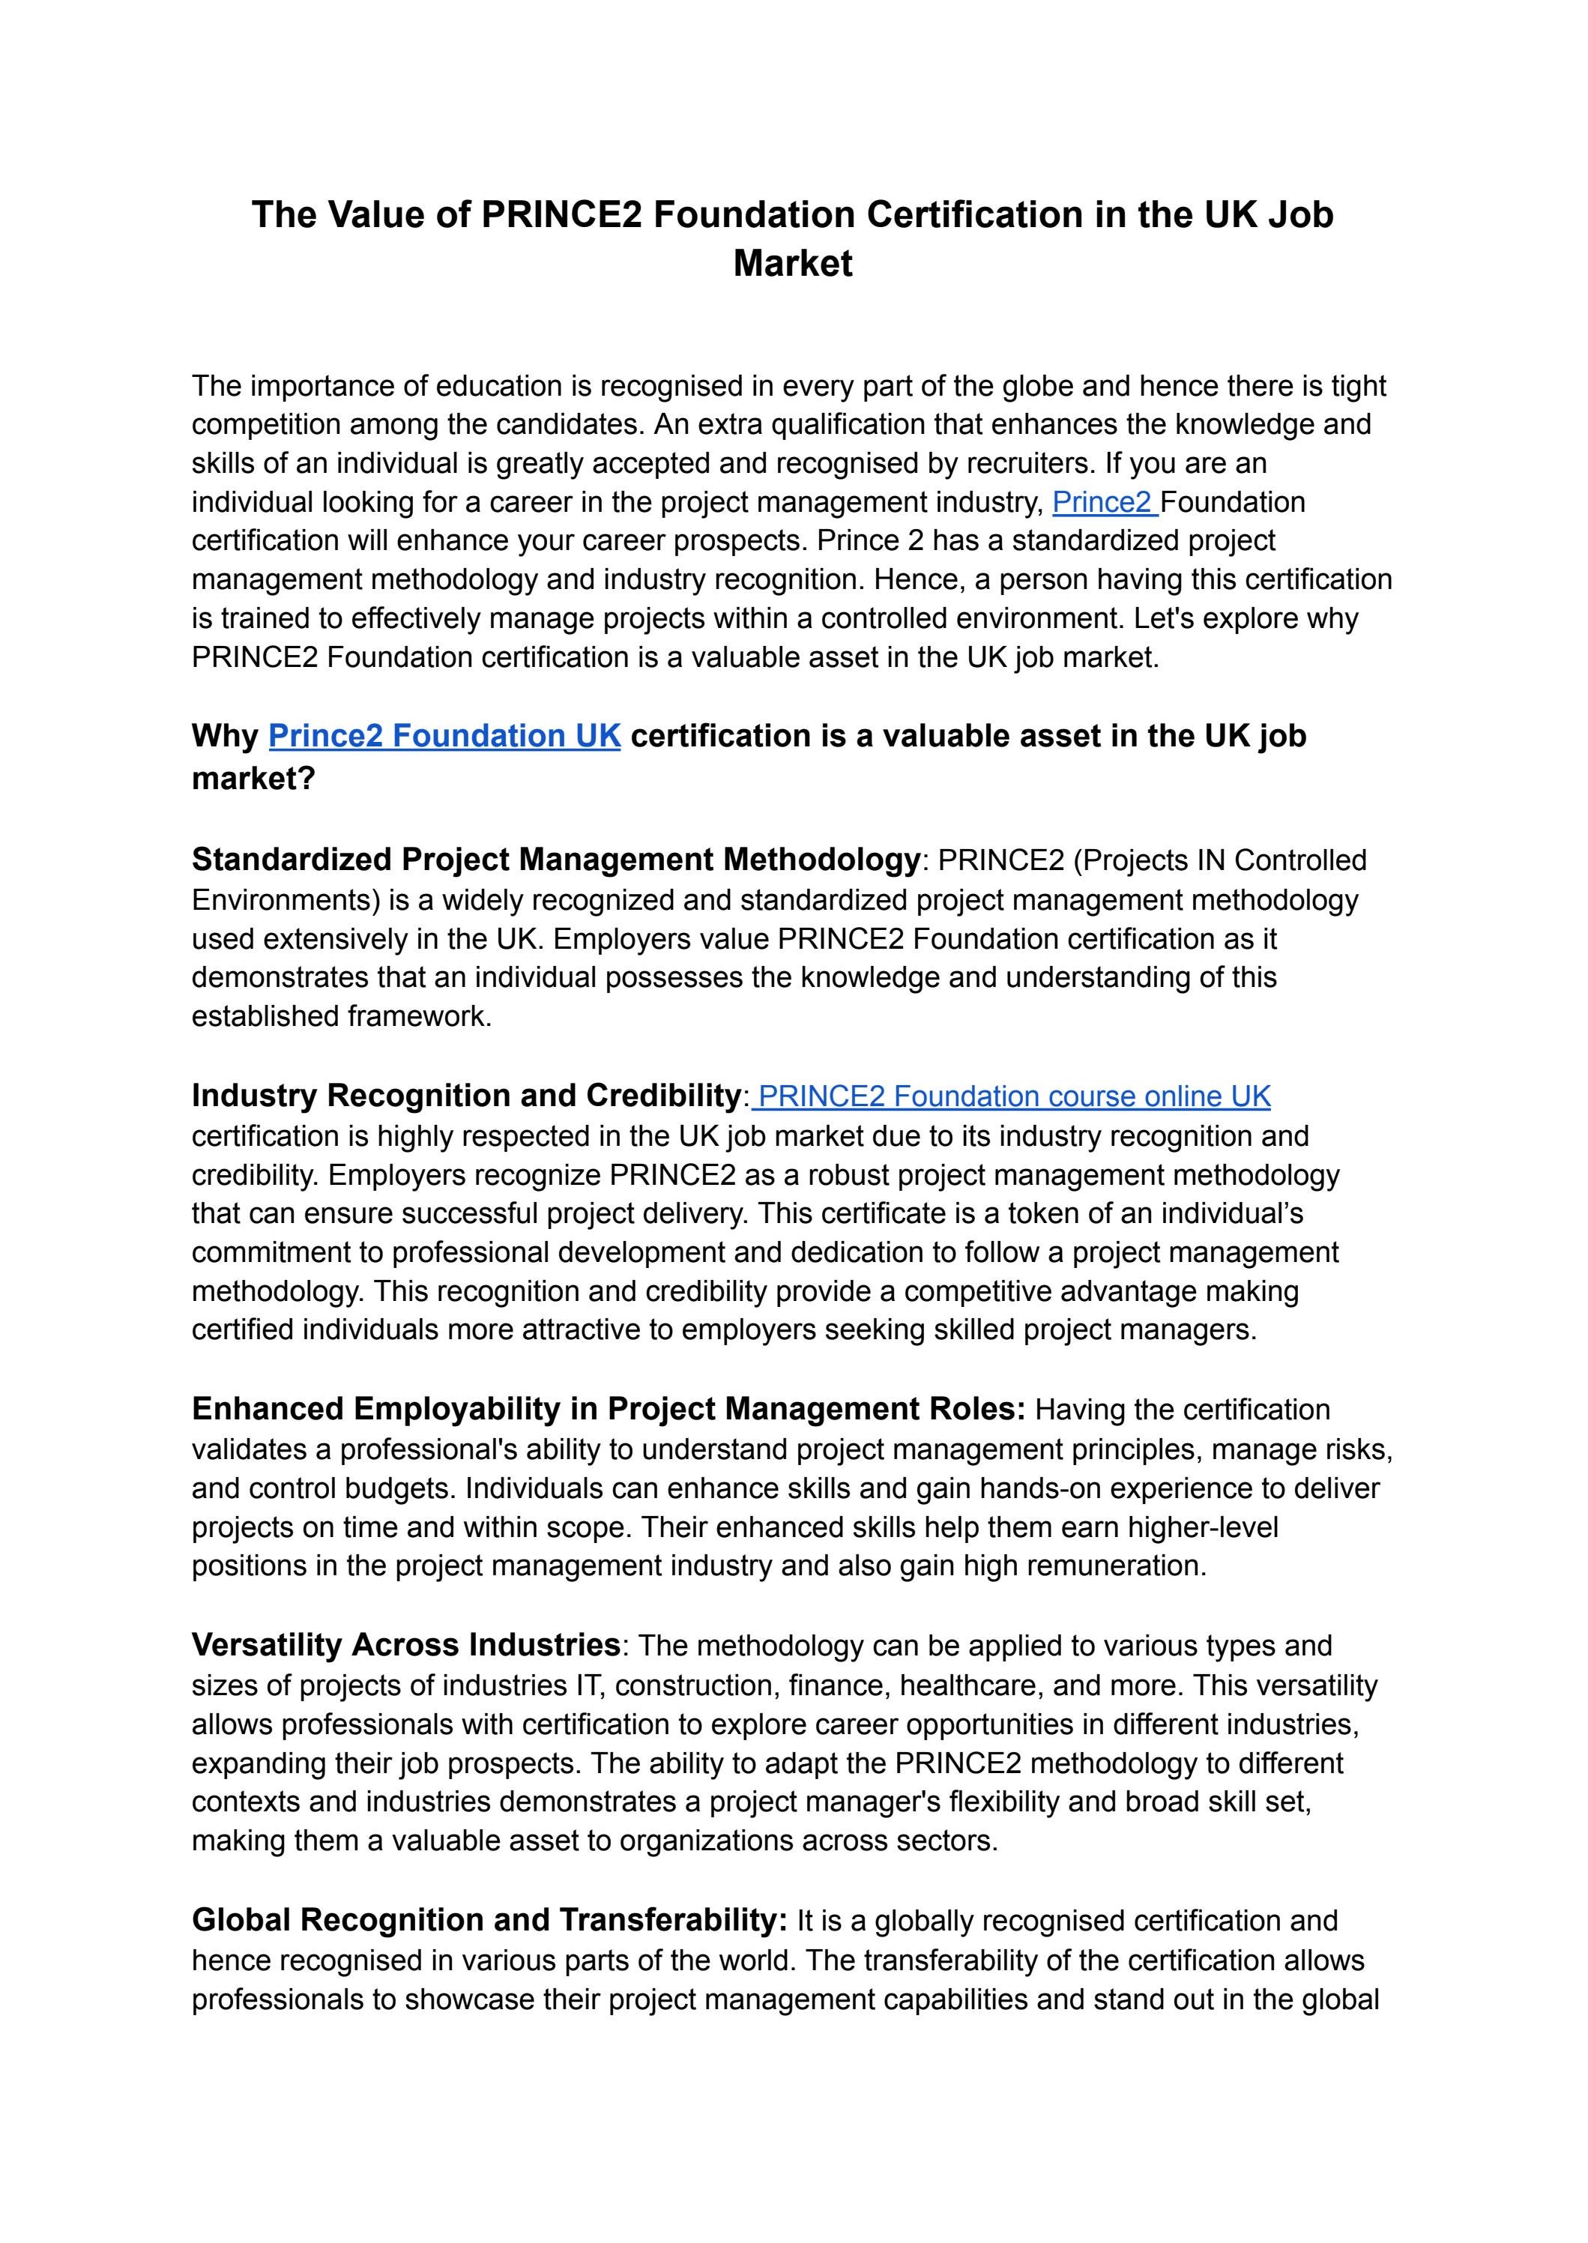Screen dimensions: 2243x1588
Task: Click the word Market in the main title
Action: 792,264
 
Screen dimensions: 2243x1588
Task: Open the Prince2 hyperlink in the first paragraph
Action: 1102,503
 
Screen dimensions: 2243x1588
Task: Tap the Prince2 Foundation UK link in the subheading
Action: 444,736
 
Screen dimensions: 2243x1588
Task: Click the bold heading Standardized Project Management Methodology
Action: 555,860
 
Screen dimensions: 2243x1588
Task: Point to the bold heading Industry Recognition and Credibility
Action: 465,1096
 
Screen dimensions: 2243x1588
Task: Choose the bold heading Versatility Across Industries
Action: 405,1646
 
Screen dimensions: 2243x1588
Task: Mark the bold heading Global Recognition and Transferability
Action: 489,1920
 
